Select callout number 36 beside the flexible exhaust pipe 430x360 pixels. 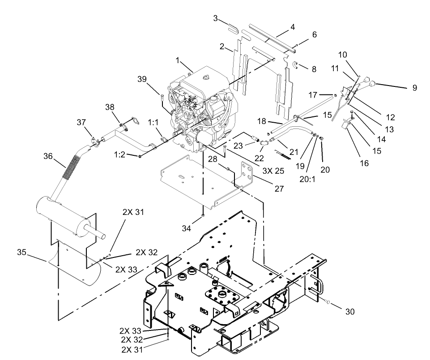pos(48,156)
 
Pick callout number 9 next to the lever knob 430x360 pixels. pos(414,88)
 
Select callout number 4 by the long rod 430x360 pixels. pos(293,27)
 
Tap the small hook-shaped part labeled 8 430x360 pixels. pos(297,65)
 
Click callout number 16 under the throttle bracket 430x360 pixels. pos(365,163)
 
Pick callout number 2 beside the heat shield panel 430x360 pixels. pos(221,47)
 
